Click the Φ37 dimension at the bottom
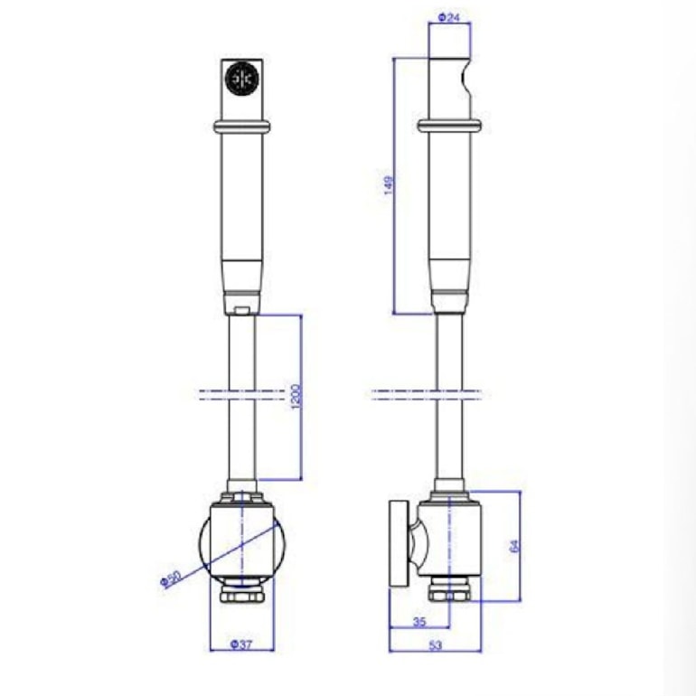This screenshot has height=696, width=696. click(x=240, y=644)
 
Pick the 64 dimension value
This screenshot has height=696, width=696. click(x=514, y=545)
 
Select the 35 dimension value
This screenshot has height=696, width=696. click(x=419, y=622)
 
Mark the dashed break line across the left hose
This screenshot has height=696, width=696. click(x=241, y=393)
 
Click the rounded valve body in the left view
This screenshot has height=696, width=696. click(x=242, y=542)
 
